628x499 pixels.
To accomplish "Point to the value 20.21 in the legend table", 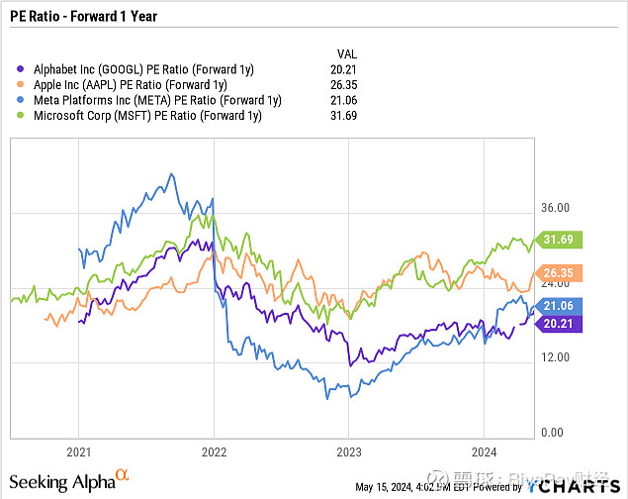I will pos(342,69).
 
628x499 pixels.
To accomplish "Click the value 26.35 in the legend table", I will pos(342,84).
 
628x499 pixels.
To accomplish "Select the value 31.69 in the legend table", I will pos(342,115).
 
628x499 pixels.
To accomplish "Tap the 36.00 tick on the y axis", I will pos(557,207).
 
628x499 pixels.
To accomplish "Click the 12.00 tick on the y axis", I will pos(557,357).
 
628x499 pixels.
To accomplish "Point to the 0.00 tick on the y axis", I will pos(554,433).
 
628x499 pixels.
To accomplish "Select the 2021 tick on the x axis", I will pos(79,448).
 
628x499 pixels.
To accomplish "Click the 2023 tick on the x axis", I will pos(348,448).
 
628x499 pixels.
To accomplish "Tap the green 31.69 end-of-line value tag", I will pos(561,239).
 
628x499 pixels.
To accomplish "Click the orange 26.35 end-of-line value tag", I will pos(561,272).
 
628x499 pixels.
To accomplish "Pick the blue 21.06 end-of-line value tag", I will pos(561,305).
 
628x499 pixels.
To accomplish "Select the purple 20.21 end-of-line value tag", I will pos(561,322).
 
